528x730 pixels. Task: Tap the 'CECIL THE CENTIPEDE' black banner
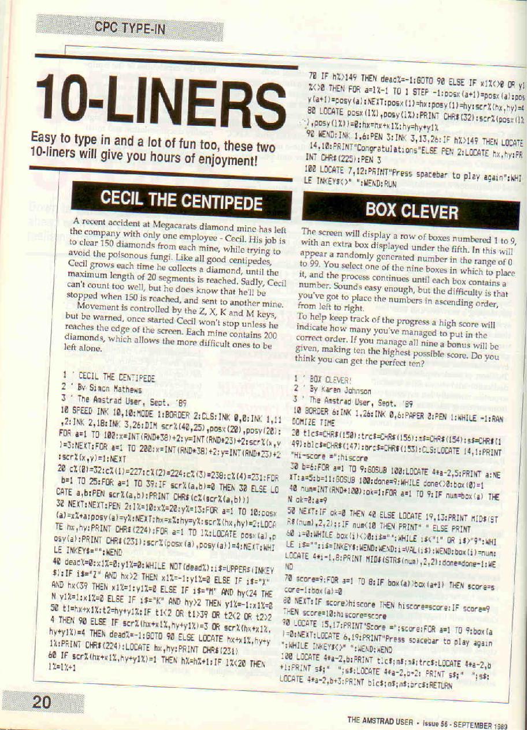click(x=181, y=202)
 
